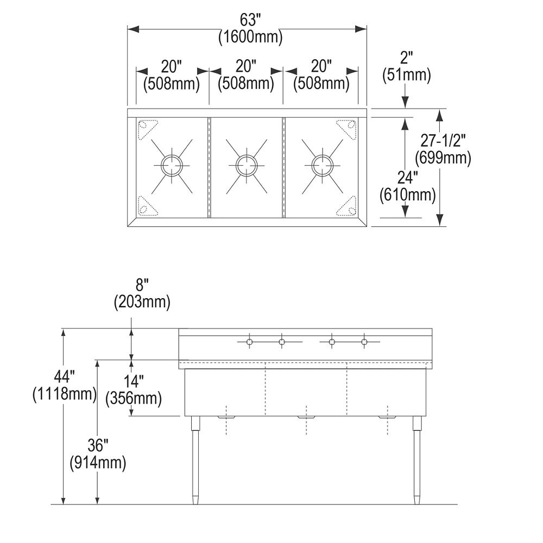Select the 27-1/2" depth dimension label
[444, 141]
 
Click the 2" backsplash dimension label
[407, 57]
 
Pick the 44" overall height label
[64, 375]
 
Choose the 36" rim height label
[98, 446]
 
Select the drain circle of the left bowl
[172, 164]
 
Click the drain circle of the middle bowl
[247, 164]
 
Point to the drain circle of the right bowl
[321, 164]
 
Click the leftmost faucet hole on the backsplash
[249, 342]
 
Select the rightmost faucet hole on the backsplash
[364, 342]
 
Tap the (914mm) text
[98, 463]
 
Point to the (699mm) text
[443, 158]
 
